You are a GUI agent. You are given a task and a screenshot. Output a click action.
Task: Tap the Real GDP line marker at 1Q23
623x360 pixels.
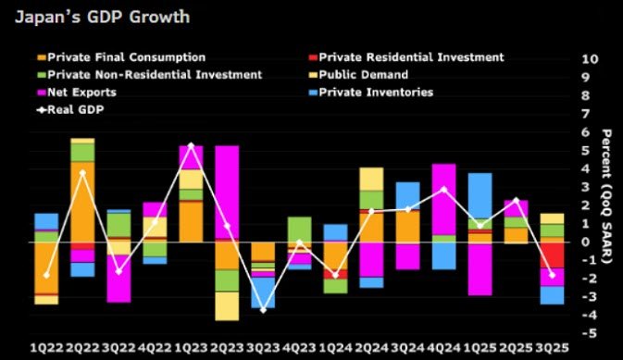191,145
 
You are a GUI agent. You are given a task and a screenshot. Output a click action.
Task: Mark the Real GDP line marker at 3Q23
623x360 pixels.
263,310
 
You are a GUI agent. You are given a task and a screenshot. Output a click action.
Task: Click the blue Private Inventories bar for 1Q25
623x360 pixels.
480,195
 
